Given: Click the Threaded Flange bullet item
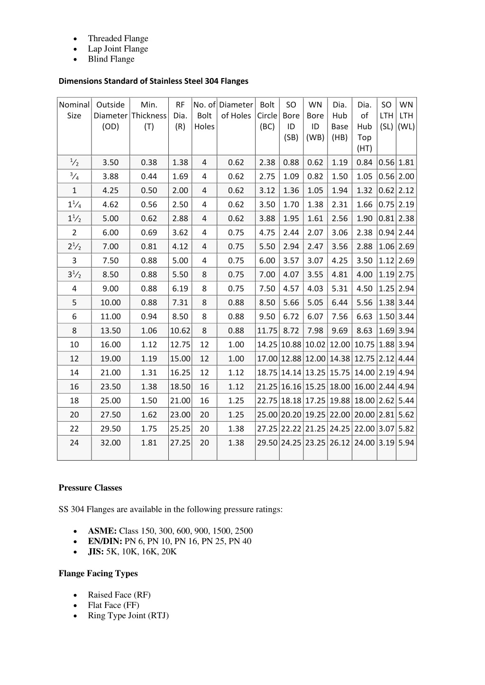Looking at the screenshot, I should point(118,38).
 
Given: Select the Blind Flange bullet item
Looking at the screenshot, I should point(111,59).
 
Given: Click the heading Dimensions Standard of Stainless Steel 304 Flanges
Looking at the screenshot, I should point(153,81).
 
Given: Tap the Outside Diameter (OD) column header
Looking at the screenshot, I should point(110,116).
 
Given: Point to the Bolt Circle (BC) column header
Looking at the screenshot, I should point(267,116).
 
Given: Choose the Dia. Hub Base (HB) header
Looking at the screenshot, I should point(339,121).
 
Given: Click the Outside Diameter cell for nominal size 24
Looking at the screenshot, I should point(110,443).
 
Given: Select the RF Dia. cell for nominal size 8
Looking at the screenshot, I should point(180,330).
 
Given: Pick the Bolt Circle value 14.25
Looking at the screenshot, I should point(267,345).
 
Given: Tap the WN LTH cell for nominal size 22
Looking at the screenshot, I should point(406,428).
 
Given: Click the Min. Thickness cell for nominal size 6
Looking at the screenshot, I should point(149,316).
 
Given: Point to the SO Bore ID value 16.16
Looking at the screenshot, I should point(291,387).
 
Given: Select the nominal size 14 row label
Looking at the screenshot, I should point(74,373).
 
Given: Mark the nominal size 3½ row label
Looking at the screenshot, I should point(74,275).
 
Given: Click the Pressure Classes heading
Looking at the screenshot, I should point(90,488).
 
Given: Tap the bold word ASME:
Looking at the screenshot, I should point(102,531).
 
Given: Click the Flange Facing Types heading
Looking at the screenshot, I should point(98,573).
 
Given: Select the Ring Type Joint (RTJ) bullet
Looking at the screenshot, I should point(128,615).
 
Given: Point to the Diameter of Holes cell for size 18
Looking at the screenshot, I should point(236,400).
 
